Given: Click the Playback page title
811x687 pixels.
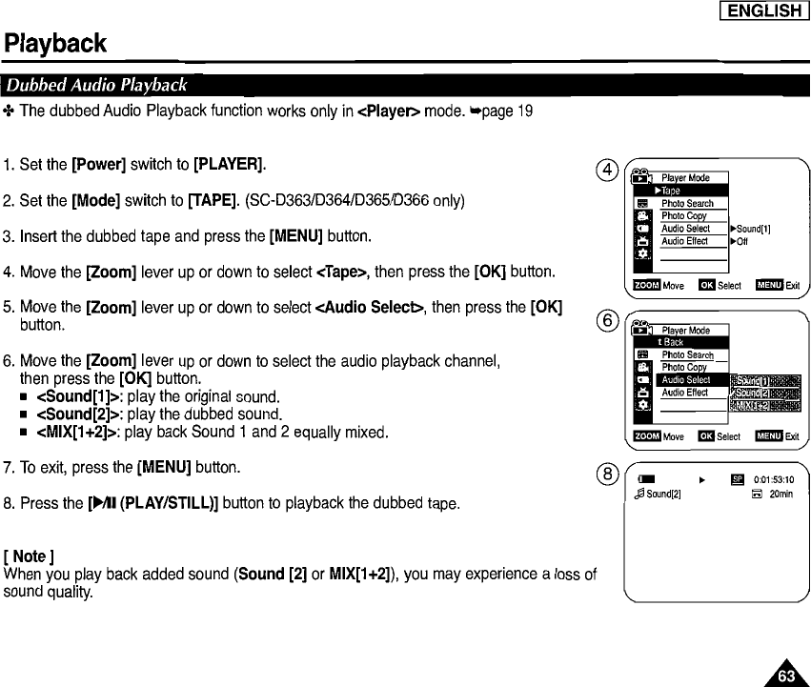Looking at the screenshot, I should click(54, 44).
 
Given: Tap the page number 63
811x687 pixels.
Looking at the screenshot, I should click(786, 676).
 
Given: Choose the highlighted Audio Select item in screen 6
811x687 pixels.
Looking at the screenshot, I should click(686, 380).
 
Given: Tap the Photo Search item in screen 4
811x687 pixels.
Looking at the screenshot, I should click(687, 204).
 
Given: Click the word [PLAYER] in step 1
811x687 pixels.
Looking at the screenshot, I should click(229, 166).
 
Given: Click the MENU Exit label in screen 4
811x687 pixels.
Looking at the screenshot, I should click(779, 285).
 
